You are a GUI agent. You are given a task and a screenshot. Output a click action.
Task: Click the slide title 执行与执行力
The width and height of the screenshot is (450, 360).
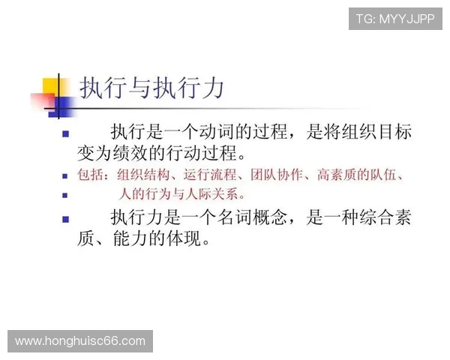tap(152, 89)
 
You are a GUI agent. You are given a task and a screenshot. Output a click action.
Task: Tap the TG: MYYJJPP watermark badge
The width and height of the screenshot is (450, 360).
tap(395, 19)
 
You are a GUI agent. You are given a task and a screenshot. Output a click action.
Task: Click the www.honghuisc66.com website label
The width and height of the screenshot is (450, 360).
tap(80, 341)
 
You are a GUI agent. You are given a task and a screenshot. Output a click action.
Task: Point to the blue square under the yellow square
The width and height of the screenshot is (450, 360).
tap(60, 106)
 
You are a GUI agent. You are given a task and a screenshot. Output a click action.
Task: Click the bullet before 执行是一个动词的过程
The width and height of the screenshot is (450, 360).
tap(65, 134)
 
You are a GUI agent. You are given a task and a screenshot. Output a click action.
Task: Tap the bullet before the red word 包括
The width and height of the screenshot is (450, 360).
tap(65, 176)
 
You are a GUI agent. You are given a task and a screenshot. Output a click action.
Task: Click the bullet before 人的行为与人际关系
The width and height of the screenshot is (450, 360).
tap(65, 195)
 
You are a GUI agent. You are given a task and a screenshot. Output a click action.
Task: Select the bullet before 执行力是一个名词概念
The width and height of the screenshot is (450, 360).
tap(65, 219)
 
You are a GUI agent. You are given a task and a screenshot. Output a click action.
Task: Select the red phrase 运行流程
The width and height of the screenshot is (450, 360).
tap(211, 176)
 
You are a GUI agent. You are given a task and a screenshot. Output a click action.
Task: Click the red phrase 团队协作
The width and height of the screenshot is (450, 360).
tap(283, 176)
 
